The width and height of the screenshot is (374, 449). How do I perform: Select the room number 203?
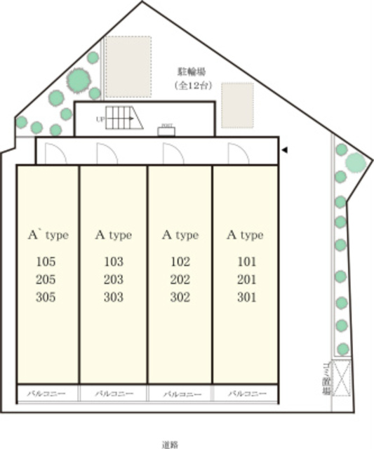pos(113,280)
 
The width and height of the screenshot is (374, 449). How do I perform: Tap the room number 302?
pos(180,297)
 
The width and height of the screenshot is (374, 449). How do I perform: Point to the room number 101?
pos(246,262)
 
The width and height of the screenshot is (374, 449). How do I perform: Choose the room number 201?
pos(246,280)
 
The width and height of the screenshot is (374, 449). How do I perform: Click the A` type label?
pos(47,235)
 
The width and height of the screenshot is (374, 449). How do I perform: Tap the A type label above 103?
pos(113,235)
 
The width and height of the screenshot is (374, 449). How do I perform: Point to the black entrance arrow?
pos(284,149)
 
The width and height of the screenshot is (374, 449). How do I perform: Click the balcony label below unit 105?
pos(46,394)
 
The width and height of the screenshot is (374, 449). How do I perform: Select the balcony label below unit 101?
pos(246,394)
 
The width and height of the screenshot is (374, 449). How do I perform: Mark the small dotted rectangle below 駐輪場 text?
pos(237,105)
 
